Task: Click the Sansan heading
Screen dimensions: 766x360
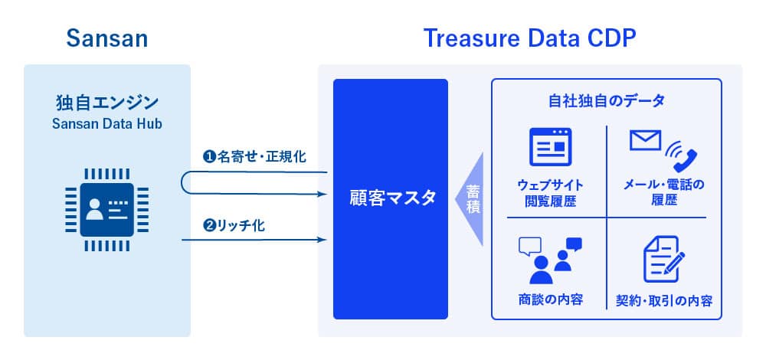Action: click(x=107, y=38)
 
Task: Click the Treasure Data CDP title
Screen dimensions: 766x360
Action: click(x=529, y=38)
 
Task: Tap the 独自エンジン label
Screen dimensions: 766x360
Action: click(x=107, y=103)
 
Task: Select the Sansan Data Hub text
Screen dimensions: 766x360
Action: click(x=107, y=124)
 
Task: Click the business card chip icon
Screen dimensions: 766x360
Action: click(x=107, y=210)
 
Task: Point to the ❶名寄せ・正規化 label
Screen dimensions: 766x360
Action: click(x=254, y=157)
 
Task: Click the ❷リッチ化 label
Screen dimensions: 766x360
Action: click(x=234, y=226)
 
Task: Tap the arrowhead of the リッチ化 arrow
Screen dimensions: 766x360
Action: click(x=322, y=240)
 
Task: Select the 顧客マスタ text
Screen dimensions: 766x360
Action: click(x=391, y=199)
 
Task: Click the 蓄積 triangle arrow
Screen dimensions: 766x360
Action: click(x=470, y=199)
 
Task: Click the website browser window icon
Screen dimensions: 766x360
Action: click(x=551, y=146)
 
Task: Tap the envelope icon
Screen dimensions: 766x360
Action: click(x=645, y=140)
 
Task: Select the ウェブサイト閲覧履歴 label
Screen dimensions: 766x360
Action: click(x=550, y=193)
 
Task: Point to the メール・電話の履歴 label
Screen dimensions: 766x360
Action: click(x=664, y=193)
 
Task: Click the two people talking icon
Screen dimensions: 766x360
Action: click(x=550, y=260)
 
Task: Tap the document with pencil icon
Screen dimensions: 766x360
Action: click(x=664, y=260)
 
